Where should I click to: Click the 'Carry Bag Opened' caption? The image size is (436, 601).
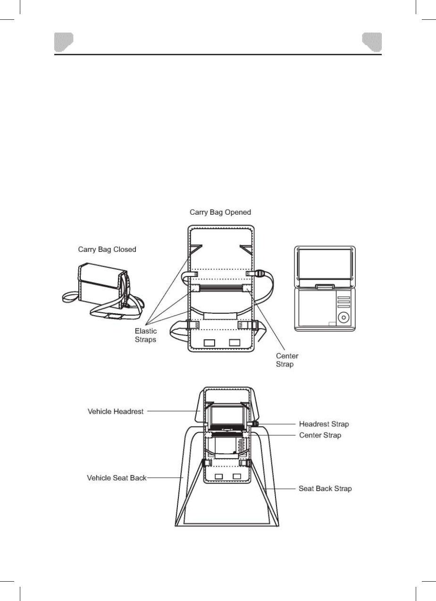220,212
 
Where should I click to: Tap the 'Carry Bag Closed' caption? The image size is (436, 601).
107,250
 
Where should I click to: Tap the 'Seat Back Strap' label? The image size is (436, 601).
325,489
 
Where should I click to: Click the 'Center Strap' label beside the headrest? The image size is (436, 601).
320,435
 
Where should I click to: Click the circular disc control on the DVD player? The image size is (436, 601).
344,317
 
